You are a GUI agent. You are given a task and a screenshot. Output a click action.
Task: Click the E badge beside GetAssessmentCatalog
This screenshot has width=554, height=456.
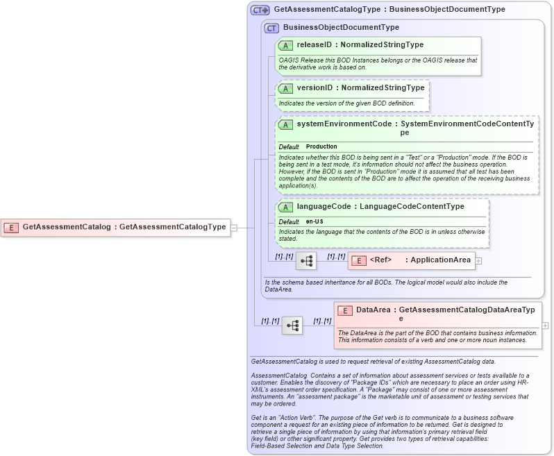pyautogui.click(x=12, y=226)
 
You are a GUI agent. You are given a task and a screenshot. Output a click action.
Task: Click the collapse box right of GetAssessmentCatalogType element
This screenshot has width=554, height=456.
pyautogui.click(x=234, y=226)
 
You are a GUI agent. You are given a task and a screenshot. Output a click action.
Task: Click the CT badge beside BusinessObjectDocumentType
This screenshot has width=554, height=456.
pyautogui.click(x=271, y=28)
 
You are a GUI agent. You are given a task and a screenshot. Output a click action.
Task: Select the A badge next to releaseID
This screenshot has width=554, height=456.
pyautogui.click(x=285, y=45)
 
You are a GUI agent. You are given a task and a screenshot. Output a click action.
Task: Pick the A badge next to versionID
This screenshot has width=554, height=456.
pyautogui.click(x=285, y=88)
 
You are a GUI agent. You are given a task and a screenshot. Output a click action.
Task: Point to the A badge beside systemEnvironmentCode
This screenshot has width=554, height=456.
pyautogui.click(x=285, y=124)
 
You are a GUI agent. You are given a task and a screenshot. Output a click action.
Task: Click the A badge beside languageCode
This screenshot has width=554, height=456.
pyautogui.click(x=285, y=207)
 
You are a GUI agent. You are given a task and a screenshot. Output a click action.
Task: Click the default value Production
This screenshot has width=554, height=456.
pyautogui.click(x=321, y=146)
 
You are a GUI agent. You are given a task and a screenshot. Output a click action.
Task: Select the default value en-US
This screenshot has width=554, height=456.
pyautogui.click(x=314, y=221)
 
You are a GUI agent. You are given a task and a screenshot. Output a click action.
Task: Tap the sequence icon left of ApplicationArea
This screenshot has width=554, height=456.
pyautogui.click(x=306, y=261)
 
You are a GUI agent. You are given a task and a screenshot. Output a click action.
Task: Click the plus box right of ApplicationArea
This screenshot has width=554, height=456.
pyautogui.click(x=478, y=261)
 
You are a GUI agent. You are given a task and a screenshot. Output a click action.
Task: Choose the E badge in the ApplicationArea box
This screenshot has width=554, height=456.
pyautogui.click(x=359, y=261)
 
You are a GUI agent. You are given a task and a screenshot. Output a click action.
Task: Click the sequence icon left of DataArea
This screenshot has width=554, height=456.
pyautogui.click(x=292, y=325)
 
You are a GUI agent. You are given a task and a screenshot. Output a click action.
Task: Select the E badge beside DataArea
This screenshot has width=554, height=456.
pyautogui.click(x=345, y=310)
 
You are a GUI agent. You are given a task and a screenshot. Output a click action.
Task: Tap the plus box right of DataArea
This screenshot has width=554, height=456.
pyautogui.click(x=545, y=325)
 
